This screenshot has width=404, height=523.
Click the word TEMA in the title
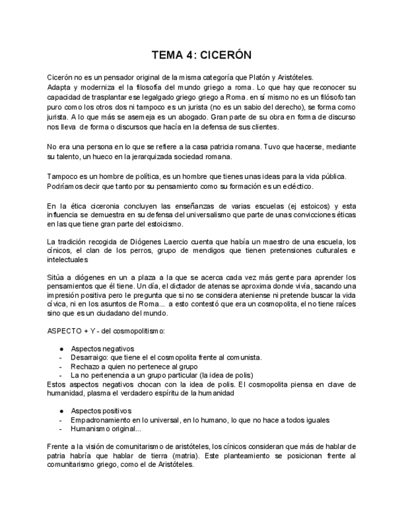168,55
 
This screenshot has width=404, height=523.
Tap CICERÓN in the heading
226,55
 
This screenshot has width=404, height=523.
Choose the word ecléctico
295,186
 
